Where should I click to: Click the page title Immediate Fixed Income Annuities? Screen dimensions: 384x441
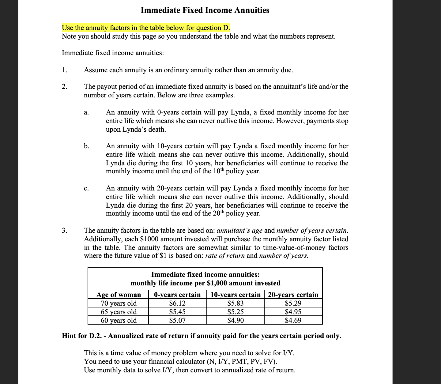[x=205, y=10]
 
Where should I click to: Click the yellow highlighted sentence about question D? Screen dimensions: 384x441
[x=146, y=28]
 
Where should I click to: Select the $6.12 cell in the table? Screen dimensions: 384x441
[x=177, y=303]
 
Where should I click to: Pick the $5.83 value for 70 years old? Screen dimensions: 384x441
[x=236, y=303]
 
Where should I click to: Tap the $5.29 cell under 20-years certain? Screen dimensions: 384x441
[x=293, y=303]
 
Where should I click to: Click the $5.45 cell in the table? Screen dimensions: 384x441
[x=177, y=312]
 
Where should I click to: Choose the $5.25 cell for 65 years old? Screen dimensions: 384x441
[x=236, y=312]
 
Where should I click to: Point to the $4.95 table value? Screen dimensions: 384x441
[x=293, y=312]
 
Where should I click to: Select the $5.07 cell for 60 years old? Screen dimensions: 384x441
[x=177, y=321]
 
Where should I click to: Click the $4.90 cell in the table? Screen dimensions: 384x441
[x=236, y=321]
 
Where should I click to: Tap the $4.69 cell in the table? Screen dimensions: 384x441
[x=293, y=321]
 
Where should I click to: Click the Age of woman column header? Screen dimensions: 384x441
[x=119, y=295]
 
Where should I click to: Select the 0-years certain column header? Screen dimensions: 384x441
[x=177, y=295]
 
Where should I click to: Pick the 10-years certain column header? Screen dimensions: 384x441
[x=236, y=295]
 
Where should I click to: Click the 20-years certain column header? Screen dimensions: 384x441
[x=293, y=295]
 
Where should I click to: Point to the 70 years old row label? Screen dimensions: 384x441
[x=119, y=303]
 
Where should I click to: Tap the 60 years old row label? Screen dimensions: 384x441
[x=119, y=321]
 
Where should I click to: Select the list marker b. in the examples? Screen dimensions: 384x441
[x=87, y=146]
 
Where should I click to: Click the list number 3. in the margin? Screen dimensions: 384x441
[x=64, y=230]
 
